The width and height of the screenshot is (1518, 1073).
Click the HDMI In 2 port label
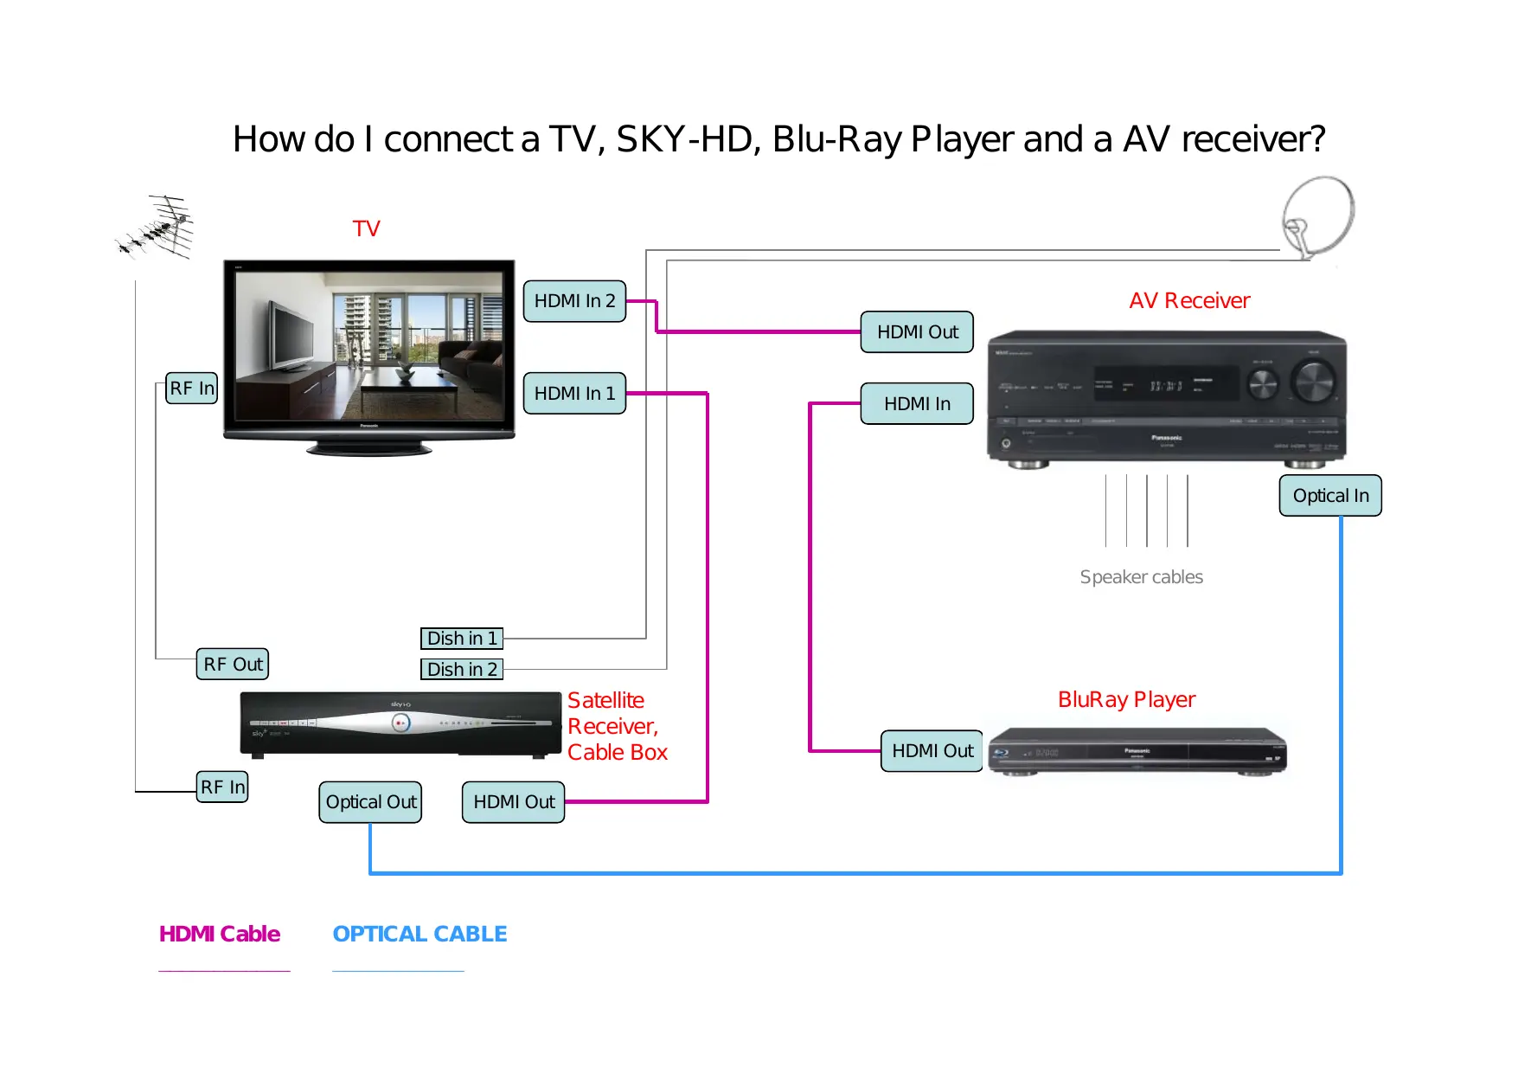pos(574,301)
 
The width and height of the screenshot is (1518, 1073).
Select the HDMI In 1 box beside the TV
pos(574,394)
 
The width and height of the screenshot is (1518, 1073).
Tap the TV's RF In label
pos(191,389)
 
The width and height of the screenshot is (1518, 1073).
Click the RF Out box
pos(233,665)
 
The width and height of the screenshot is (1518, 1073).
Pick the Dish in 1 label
pos(462,639)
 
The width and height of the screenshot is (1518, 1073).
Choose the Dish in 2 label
pos(462,670)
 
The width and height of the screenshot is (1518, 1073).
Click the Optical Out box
pos(370,802)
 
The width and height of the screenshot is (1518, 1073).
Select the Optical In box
pos(1330,496)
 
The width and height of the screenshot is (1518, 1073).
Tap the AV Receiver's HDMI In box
pos(917,404)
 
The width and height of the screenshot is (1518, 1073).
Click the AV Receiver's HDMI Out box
pos(917,332)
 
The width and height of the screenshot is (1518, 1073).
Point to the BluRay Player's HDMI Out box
pos(932,751)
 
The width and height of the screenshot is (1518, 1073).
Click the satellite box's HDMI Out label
pos(514,802)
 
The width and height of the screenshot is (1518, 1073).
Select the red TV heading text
pos(366,228)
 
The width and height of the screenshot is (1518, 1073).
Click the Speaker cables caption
pos(1141,577)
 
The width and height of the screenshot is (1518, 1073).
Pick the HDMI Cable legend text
pos(220,935)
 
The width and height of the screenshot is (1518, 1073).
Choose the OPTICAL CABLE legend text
pos(420,935)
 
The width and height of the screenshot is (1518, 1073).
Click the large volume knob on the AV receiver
pos(1313,381)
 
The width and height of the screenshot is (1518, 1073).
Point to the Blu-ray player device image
pos(1137,751)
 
